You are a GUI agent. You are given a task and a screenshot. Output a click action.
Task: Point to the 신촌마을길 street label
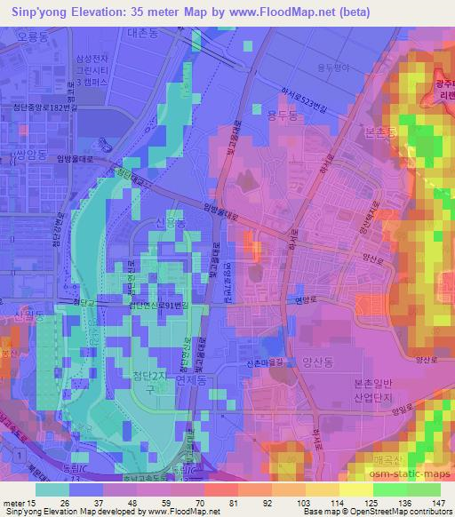tap(262, 362)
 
